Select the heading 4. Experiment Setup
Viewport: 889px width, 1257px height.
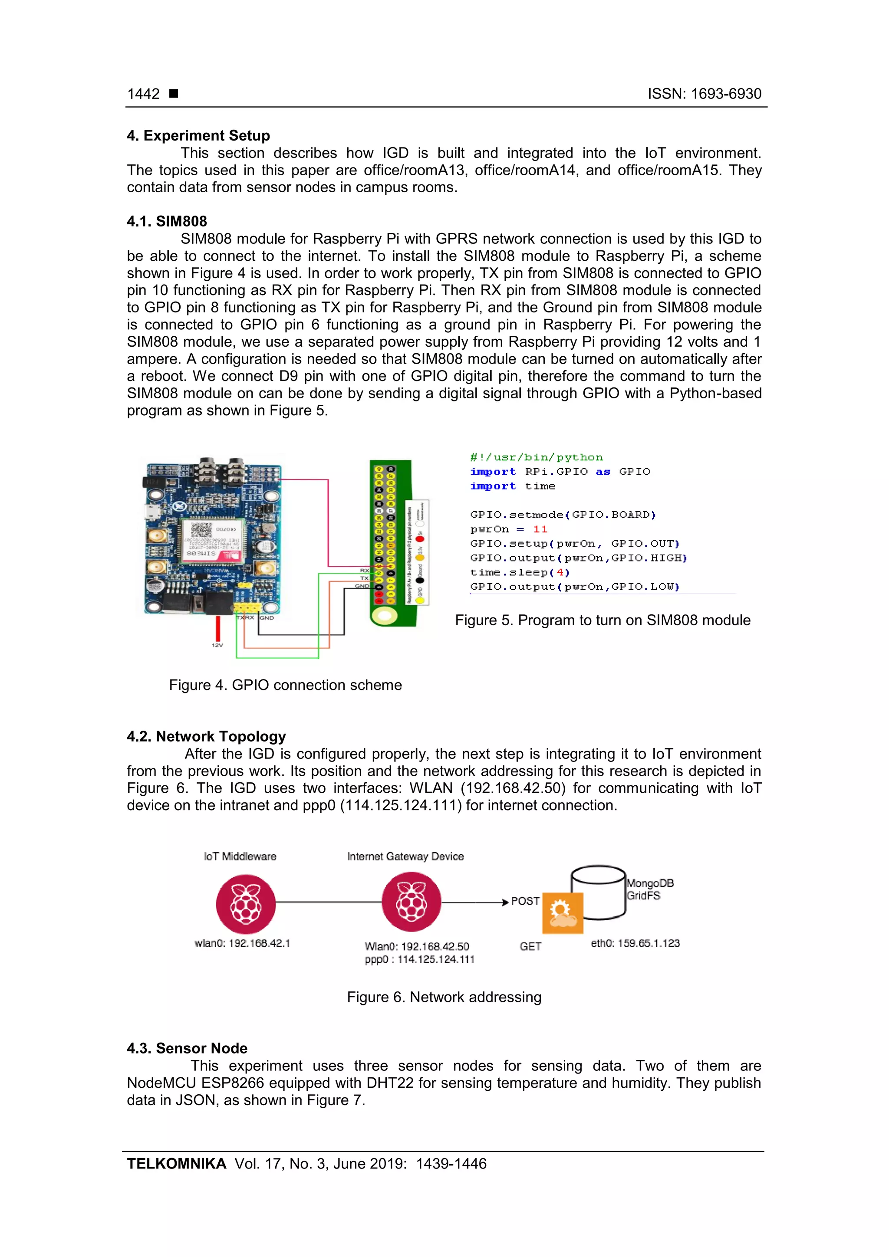pyautogui.click(x=198, y=135)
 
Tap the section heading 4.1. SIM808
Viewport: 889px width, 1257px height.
pyautogui.click(x=167, y=221)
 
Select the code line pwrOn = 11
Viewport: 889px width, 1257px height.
pyautogui.click(x=508, y=529)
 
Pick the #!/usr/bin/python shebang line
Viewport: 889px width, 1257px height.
pyautogui.click(x=536, y=457)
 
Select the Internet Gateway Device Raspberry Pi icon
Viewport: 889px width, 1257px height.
pyautogui.click(x=412, y=902)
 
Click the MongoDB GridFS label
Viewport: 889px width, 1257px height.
pyautogui.click(x=650, y=889)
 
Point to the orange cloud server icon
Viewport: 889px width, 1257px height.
pyautogui.click(x=562, y=912)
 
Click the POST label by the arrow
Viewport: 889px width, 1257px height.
pyautogui.click(x=525, y=901)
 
